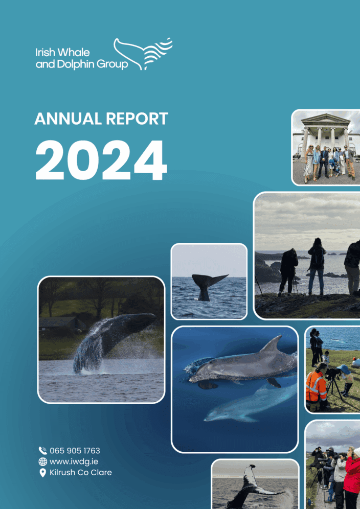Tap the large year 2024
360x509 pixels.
coord(101,159)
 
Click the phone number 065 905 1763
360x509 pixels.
coord(75,451)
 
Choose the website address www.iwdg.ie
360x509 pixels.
coord(71,461)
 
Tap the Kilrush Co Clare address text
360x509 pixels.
coord(80,472)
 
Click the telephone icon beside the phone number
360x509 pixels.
coord(43,451)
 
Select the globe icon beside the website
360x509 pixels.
coord(43,461)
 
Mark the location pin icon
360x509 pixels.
coord(43,473)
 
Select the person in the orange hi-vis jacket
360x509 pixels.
coord(316,387)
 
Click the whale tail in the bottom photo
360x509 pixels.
coord(251,485)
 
